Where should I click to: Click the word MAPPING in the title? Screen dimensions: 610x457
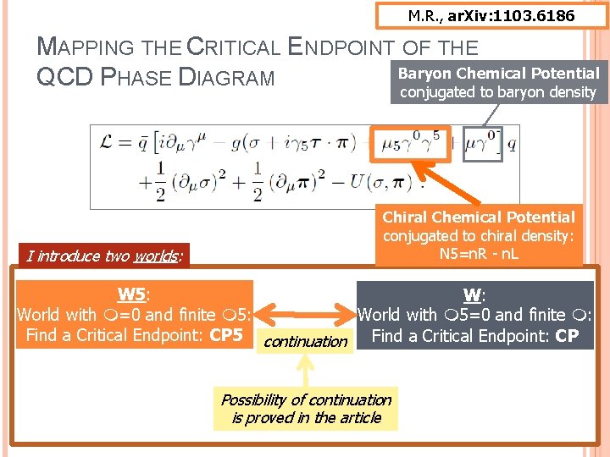pos(78,50)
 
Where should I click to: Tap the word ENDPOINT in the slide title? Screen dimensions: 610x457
pos(357,49)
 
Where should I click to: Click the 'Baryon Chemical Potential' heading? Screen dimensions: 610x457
pos(499,74)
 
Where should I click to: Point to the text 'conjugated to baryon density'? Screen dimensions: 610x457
pos(498,92)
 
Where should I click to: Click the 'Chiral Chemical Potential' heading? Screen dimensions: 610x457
pos(479,217)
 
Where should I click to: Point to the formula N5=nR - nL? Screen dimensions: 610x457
pos(479,255)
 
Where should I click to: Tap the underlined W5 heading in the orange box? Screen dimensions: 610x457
pos(131,295)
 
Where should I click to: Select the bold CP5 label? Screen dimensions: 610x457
pos(226,335)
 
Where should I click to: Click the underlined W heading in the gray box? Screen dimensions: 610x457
pos(473,295)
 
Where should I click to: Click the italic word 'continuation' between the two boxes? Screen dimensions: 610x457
pos(306,342)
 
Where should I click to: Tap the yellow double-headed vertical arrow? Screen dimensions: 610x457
pos(306,369)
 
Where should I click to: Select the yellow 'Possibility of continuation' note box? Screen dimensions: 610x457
pos(306,408)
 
